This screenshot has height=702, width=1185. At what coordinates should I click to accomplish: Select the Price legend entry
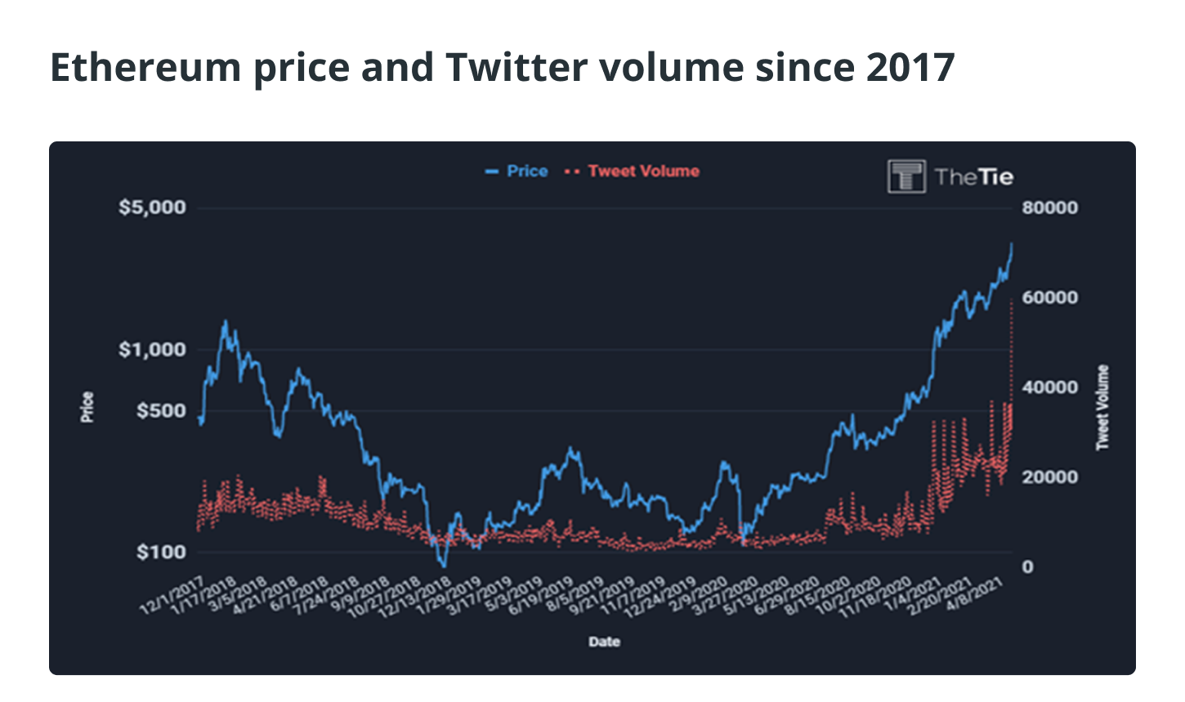tap(517, 172)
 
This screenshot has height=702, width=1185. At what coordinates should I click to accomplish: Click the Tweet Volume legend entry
tap(634, 172)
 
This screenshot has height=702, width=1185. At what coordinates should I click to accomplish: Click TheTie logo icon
tap(906, 177)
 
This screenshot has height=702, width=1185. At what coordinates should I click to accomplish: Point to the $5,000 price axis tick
tap(152, 208)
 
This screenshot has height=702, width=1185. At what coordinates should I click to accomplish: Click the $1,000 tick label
tap(152, 350)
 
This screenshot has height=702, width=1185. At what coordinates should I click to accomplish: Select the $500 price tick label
tap(161, 410)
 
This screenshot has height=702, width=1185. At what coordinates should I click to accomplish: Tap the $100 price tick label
tap(161, 552)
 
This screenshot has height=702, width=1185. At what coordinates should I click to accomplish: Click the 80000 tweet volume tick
tap(1049, 208)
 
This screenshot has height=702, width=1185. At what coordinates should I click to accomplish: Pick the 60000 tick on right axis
tap(1049, 297)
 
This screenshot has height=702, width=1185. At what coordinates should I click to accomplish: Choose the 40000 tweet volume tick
tap(1049, 387)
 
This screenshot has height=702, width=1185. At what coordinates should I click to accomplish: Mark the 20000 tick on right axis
tap(1049, 477)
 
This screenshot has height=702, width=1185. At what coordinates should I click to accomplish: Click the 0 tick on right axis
tap(1027, 567)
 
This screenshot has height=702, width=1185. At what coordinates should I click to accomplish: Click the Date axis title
tap(604, 642)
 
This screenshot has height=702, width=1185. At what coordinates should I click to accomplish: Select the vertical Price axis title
tap(87, 407)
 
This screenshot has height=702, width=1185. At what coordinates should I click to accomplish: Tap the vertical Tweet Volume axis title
tap(1102, 407)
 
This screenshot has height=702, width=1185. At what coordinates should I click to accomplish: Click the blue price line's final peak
tap(1012, 244)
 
